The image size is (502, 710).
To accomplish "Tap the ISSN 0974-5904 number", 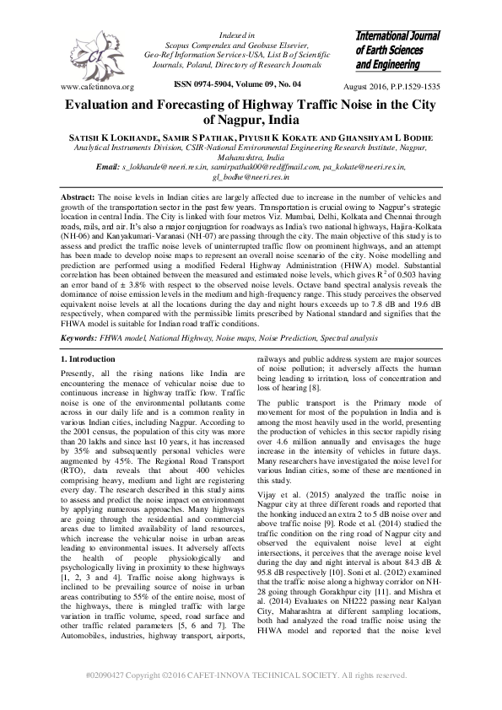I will (x=199, y=85).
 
